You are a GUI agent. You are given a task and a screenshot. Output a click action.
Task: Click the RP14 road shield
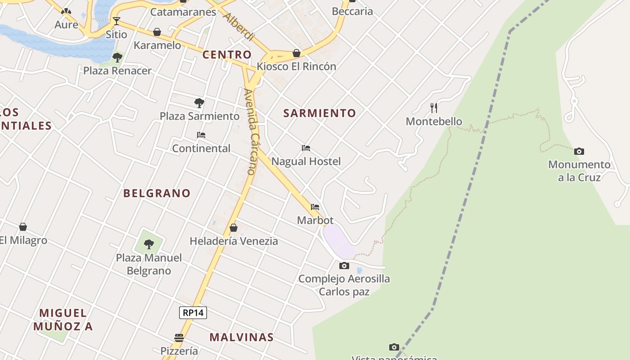pyautogui.click(x=193, y=313)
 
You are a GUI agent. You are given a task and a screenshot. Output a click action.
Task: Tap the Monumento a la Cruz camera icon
pyautogui.click(x=579, y=151)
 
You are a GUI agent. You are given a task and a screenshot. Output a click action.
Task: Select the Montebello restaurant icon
pyautogui.click(x=434, y=108)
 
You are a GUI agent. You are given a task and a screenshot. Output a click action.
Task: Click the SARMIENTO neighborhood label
pyautogui.click(x=319, y=113)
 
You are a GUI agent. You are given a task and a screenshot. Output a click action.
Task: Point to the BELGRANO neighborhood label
pyautogui.click(x=157, y=193)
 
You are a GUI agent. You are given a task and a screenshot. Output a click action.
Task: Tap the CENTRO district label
pyautogui.click(x=227, y=55)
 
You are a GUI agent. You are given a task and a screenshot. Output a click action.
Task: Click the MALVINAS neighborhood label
pyautogui.click(x=242, y=337)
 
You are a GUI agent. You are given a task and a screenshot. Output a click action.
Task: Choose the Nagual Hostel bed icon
pyautogui.click(x=306, y=148)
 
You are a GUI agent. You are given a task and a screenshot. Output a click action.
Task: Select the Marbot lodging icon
pyautogui.click(x=315, y=207)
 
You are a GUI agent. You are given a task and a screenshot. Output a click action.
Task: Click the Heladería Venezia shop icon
pyautogui.click(x=234, y=228)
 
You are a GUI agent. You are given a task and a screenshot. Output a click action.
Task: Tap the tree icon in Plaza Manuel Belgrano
pyautogui.click(x=148, y=244)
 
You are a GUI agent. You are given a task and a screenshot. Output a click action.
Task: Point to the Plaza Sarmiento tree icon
pyautogui.click(x=199, y=103)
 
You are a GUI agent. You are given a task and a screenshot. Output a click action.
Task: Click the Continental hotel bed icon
pyautogui.click(x=201, y=135)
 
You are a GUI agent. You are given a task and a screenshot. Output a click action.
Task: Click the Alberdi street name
pyautogui.click(x=239, y=27)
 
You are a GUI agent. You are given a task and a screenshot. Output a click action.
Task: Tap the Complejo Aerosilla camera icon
pyautogui.click(x=344, y=265)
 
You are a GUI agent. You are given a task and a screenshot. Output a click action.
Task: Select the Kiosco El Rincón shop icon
pyautogui.click(x=297, y=53)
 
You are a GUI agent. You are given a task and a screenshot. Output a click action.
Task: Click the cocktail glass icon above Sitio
pyautogui.click(x=117, y=21)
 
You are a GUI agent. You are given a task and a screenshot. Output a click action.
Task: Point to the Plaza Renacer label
pyautogui.click(x=117, y=71)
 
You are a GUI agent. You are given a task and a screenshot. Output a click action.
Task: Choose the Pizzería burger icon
pyautogui.click(x=179, y=337)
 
